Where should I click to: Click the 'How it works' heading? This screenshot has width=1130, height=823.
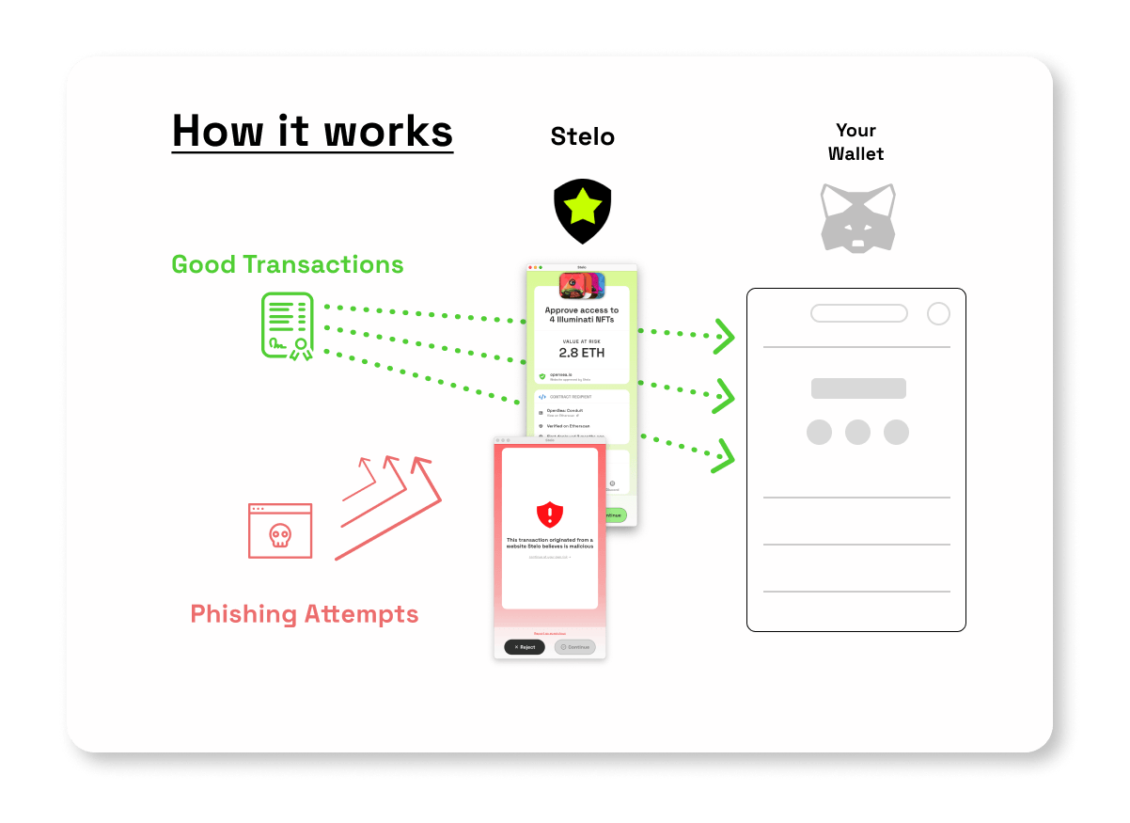point(312,131)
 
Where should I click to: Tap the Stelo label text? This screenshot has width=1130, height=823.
point(582,137)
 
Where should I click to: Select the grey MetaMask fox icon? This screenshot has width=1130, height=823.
point(857,217)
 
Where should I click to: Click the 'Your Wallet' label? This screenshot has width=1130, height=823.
point(855,141)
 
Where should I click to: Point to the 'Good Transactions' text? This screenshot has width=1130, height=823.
point(288,264)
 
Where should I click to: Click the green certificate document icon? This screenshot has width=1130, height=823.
point(287,326)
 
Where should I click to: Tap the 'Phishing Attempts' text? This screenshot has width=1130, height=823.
point(305,614)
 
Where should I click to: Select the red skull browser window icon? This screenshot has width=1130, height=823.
point(279,530)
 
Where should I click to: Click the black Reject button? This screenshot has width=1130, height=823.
point(525,647)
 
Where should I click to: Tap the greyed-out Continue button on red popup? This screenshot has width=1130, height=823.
point(574,647)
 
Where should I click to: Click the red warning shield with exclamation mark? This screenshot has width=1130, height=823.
point(550,514)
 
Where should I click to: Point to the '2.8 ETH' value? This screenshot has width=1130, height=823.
point(582,353)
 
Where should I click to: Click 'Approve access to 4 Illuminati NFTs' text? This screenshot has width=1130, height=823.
point(582,314)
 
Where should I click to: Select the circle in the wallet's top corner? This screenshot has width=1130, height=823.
point(938,314)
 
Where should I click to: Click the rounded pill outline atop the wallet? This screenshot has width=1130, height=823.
point(859,314)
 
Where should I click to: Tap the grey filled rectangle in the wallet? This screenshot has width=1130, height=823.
point(858,388)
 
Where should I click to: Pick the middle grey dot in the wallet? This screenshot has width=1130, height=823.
point(857,433)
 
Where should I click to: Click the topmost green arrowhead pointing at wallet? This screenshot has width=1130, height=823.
point(724,336)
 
